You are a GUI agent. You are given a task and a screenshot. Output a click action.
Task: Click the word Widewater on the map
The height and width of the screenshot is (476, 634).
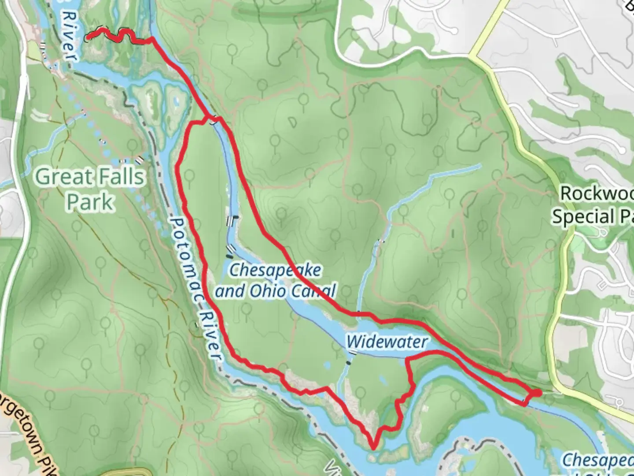click(x=387, y=342)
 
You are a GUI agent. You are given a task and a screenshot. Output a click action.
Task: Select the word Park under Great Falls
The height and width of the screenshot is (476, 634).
click(x=91, y=202)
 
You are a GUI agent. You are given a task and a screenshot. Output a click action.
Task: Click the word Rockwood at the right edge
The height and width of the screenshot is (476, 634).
click(x=597, y=193)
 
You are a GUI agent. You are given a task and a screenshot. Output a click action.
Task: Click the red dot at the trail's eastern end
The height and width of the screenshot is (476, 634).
click(x=538, y=393)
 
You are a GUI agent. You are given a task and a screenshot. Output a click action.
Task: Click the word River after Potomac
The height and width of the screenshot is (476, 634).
click(x=210, y=335)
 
